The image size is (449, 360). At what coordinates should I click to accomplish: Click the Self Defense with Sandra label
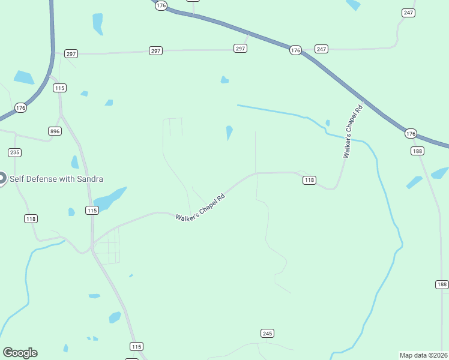click(x=56, y=179)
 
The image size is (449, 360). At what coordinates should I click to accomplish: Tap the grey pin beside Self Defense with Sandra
click(x=1, y=178)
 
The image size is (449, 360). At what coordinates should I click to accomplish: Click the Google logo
click(x=20, y=353)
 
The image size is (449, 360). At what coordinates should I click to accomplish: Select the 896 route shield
click(x=55, y=131)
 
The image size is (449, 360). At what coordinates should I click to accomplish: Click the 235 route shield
click(x=15, y=152)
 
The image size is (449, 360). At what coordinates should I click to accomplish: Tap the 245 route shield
click(x=268, y=333)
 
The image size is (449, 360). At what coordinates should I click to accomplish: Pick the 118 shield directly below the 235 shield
click(x=31, y=218)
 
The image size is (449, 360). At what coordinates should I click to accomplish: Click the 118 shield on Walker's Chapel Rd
click(x=309, y=180)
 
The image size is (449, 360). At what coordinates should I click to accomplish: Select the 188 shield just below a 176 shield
click(x=418, y=151)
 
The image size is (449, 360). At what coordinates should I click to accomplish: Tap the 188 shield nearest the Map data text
click(x=442, y=284)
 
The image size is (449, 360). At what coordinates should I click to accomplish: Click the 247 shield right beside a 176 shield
click(x=321, y=49)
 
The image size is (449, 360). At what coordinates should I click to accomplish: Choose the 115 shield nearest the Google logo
click(x=137, y=346)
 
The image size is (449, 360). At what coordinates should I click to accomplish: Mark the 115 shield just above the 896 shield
click(x=59, y=88)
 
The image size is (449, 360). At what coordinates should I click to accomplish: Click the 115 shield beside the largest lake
click(x=91, y=210)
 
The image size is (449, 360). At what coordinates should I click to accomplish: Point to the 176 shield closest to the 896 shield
click(x=21, y=108)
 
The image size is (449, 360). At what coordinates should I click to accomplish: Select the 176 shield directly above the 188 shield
click(x=411, y=133)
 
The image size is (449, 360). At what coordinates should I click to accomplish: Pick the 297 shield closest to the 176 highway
click(x=240, y=49)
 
